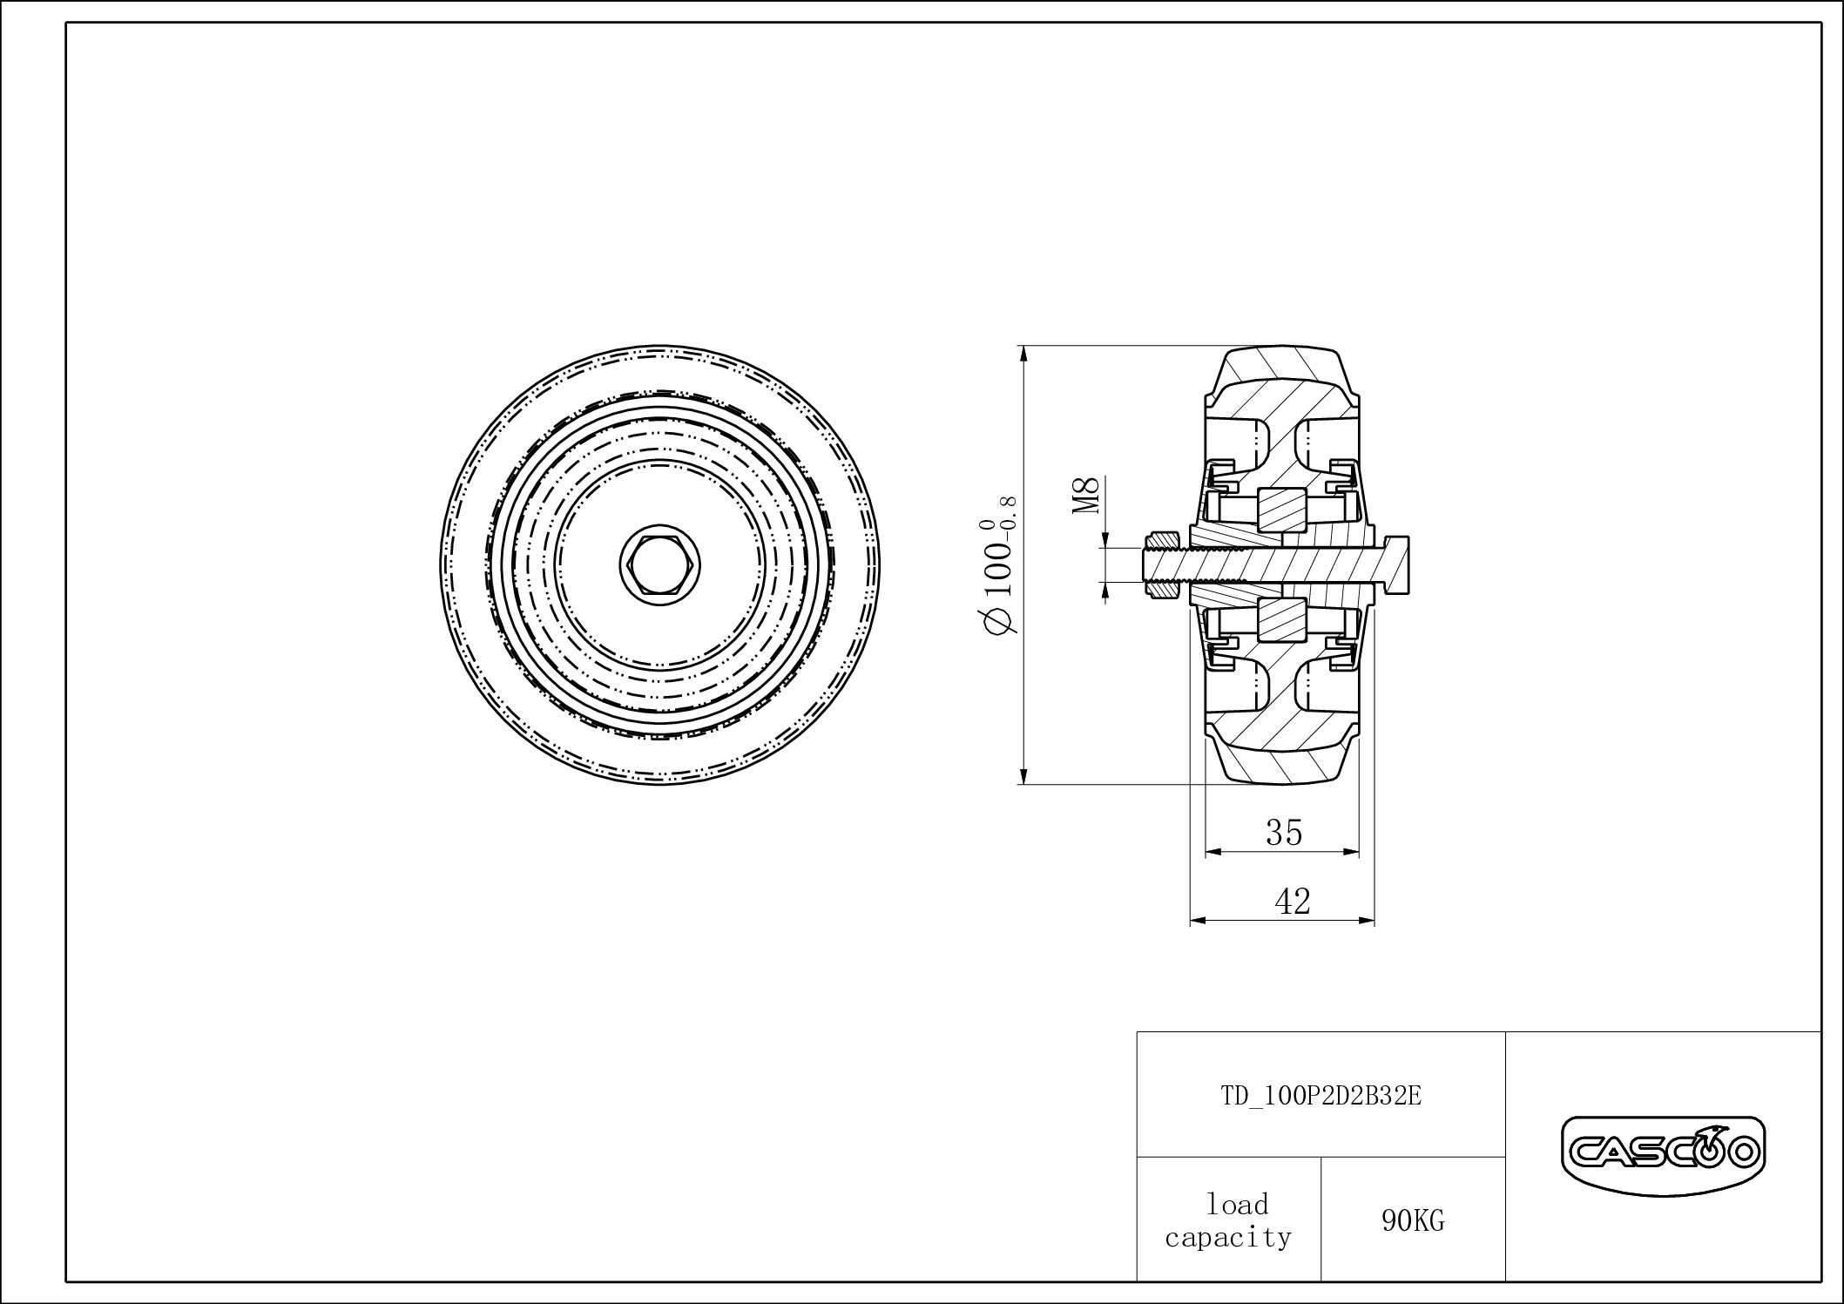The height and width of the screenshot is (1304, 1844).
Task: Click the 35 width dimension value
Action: [1283, 833]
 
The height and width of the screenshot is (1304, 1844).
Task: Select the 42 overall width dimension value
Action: [1292, 902]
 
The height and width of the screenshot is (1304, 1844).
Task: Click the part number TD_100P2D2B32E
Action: [1321, 1096]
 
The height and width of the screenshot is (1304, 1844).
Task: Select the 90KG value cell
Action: [1412, 1221]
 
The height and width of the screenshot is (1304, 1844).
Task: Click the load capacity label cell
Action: [1228, 1220]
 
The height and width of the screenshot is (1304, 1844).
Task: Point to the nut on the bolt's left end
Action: [1160, 566]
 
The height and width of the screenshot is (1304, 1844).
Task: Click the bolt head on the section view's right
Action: [1393, 565]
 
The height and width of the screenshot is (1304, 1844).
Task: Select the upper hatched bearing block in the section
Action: [1281, 511]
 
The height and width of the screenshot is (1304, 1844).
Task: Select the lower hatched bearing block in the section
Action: [1281, 620]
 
